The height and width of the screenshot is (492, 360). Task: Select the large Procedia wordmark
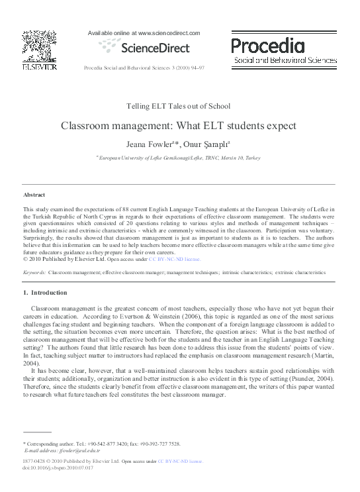click(x=268, y=45)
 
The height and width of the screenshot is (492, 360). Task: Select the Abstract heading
click(x=34, y=195)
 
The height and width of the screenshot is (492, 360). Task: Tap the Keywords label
click(x=34, y=272)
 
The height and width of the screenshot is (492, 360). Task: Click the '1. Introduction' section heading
click(x=45, y=292)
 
